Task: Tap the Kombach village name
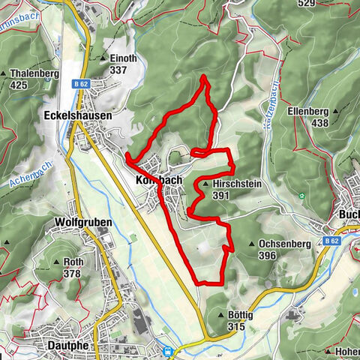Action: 159,181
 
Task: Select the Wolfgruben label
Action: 83,223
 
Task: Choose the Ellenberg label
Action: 308,112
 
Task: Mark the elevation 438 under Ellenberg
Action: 320,123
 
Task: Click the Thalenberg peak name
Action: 35,74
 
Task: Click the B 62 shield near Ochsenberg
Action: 331,241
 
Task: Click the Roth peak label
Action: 73,262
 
